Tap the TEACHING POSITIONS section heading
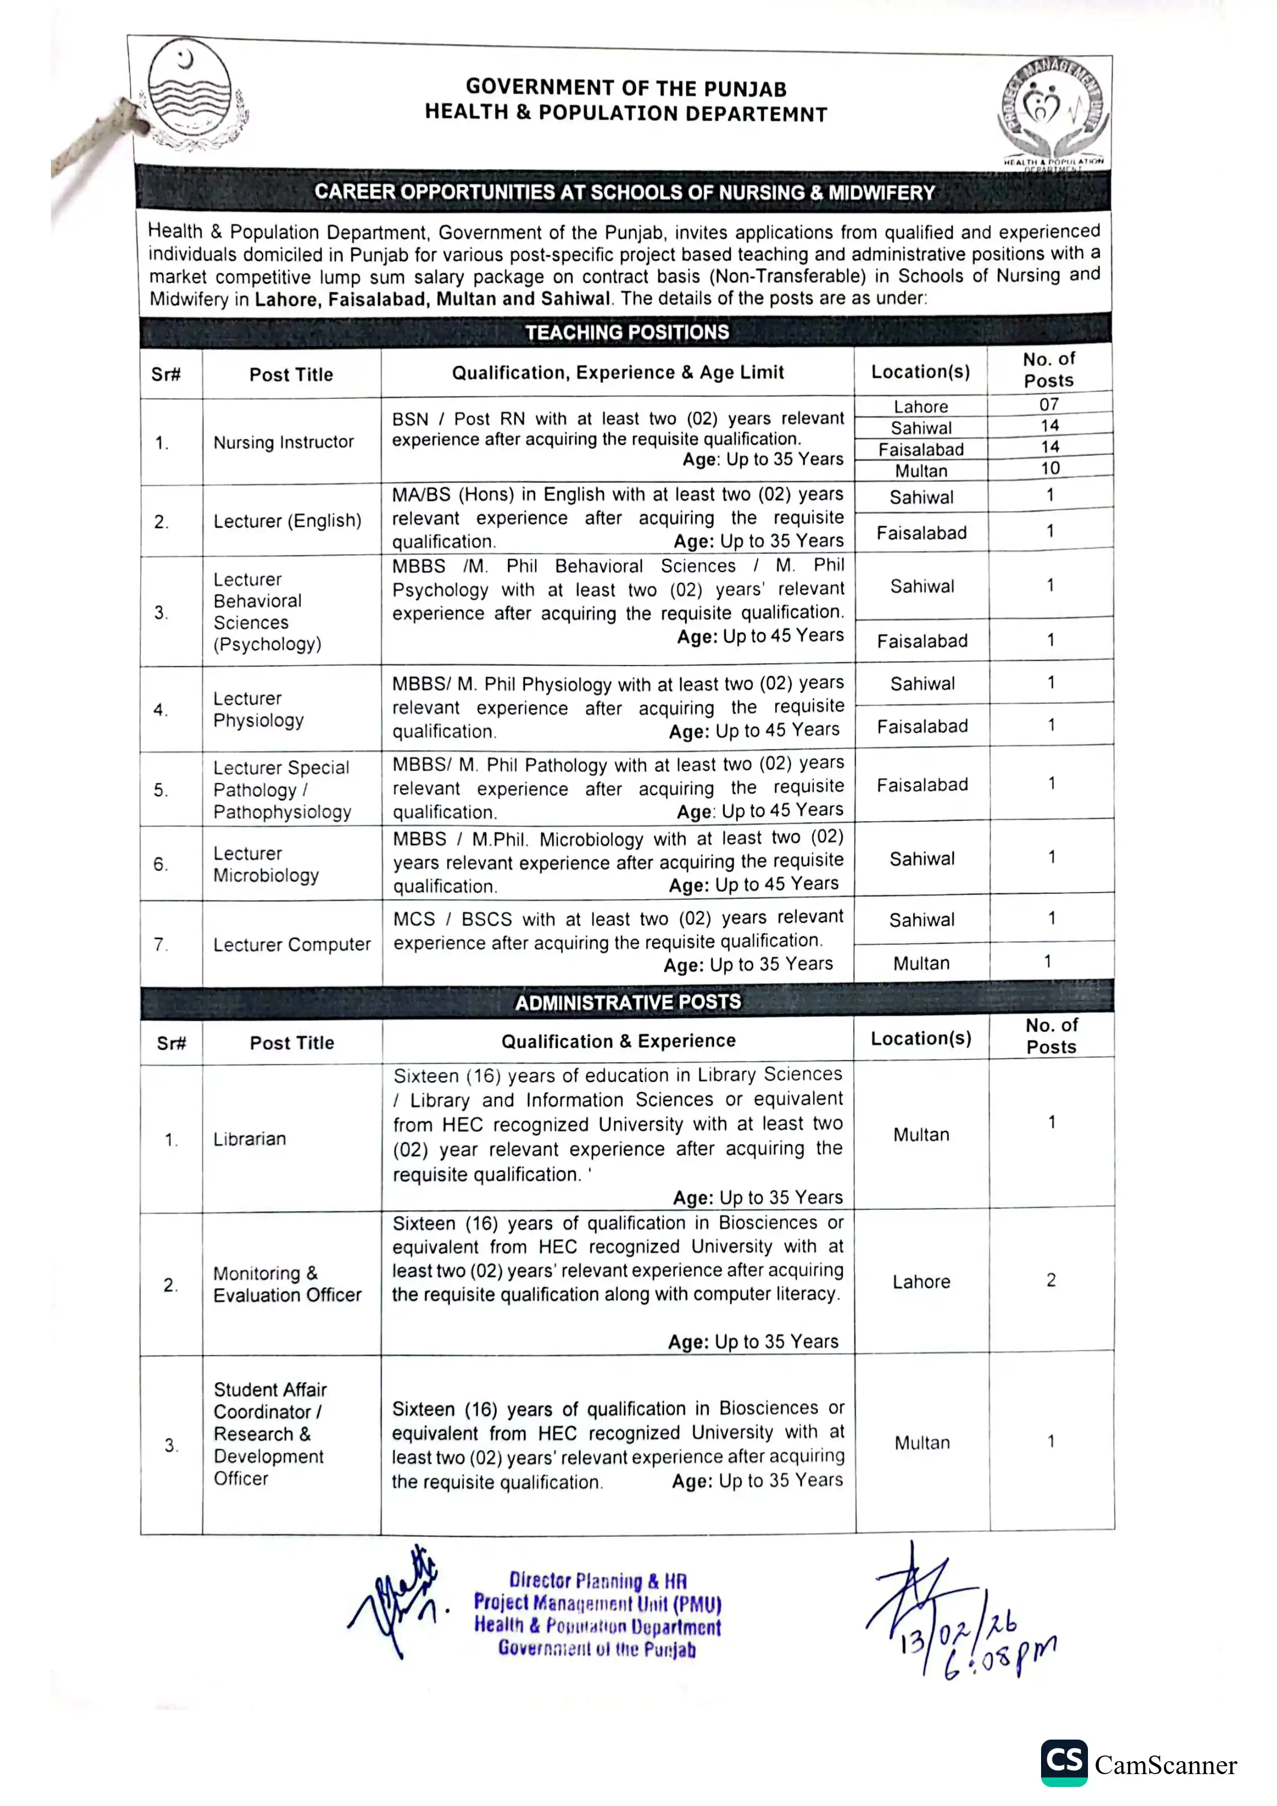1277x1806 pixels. [626, 332]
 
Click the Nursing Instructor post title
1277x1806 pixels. [283, 442]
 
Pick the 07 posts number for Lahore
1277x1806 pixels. [1049, 404]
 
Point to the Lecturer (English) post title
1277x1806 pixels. [287, 520]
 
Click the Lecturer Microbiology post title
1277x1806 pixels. [266, 864]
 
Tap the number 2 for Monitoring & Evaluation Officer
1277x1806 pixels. [1050, 1280]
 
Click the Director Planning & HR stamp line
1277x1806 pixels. [598, 1581]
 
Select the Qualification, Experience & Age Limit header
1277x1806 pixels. [618, 372]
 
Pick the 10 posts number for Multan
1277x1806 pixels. [1050, 468]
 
